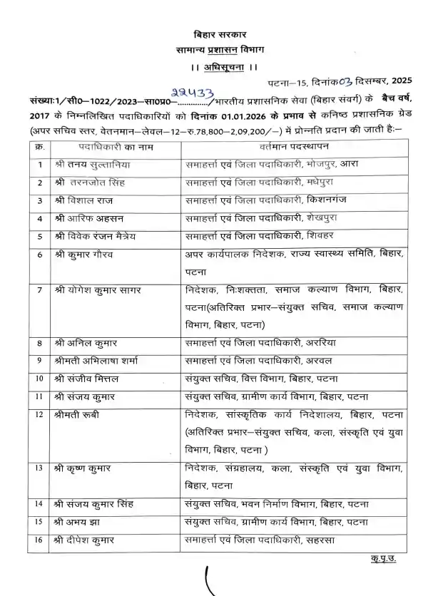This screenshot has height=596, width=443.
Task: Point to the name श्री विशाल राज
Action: click(80, 200)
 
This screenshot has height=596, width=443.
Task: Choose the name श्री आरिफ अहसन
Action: click(84, 217)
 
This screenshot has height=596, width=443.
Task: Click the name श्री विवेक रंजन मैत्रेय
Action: click(93, 235)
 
